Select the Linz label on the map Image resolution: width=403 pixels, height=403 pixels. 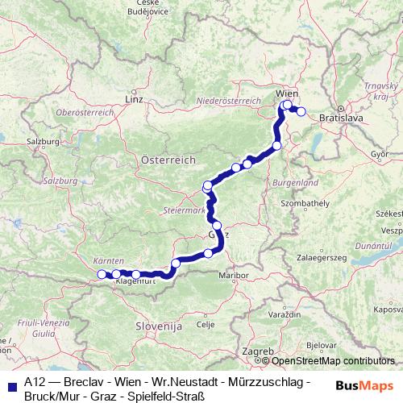pos(134,100)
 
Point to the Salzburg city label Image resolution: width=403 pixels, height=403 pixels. pos(44,141)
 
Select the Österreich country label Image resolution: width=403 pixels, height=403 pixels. pos(168,160)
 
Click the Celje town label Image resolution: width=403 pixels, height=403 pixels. pos(205,324)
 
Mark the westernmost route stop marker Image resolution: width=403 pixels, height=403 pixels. pos(102,275)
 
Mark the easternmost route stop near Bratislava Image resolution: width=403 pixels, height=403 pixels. pos(301,112)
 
